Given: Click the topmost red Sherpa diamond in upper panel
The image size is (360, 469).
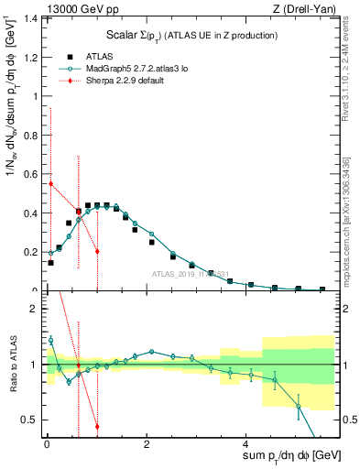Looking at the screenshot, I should pos(50,183).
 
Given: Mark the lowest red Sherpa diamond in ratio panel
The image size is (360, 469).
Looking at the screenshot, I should pos(97,426).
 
